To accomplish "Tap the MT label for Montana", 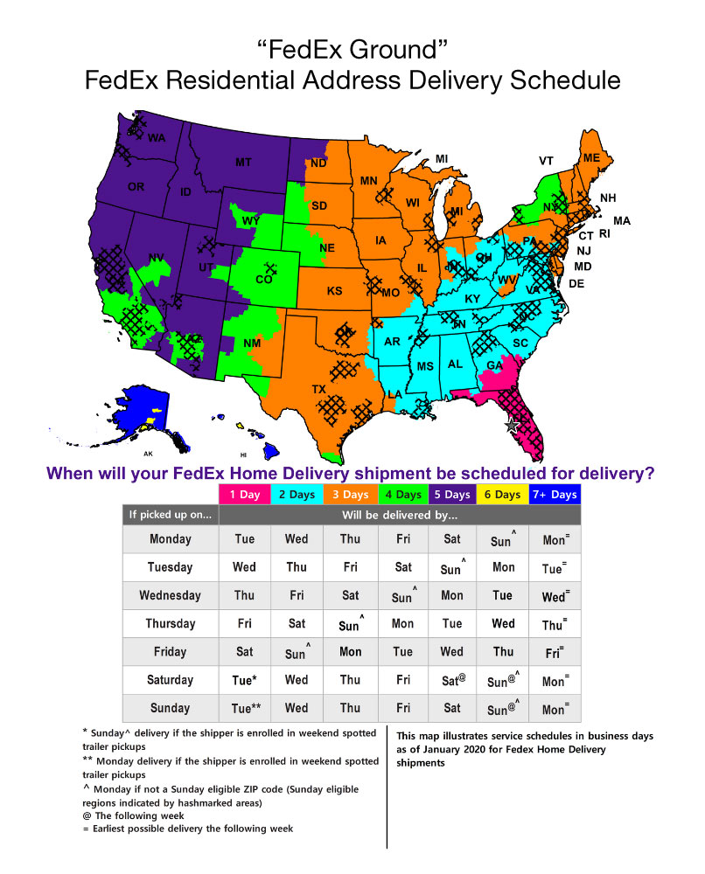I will [x=243, y=163].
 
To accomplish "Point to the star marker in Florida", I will [x=513, y=425].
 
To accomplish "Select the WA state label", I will [x=157, y=138].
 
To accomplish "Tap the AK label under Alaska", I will [x=148, y=454].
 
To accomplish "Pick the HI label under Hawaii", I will [x=244, y=455].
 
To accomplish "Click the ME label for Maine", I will [x=592, y=157].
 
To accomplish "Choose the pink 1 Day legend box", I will [x=244, y=495].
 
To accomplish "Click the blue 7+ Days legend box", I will [x=555, y=495].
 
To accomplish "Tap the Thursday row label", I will [x=170, y=624].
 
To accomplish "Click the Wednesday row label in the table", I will [x=170, y=595].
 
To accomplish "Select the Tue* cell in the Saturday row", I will [x=245, y=680].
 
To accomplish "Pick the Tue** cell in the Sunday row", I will [x=245, y=708].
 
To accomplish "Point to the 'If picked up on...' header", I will [x=170, y=515].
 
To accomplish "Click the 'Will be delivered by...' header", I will [x=400, y=515].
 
